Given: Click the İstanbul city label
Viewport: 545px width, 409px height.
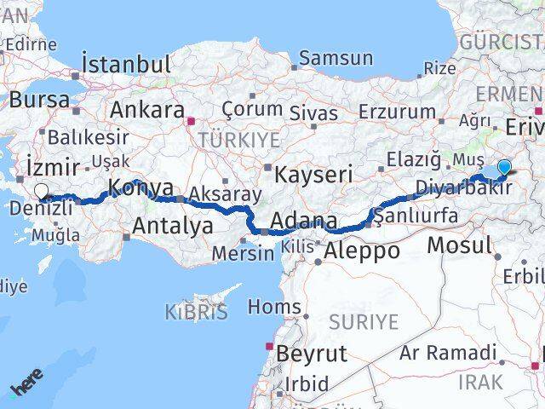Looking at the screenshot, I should point(126,64).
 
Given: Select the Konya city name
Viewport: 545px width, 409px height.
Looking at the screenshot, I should point(141,188).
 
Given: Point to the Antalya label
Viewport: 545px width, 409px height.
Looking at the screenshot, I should point(173,226).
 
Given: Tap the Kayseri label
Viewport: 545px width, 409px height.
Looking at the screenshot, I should point(313,175).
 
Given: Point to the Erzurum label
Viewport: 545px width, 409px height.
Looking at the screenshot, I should point(397,111).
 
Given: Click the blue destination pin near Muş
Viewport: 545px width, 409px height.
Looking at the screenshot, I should point(504,169).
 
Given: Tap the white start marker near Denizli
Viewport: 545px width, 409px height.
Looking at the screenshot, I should point(40,192).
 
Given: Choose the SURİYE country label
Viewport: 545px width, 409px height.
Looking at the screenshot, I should point(364,321).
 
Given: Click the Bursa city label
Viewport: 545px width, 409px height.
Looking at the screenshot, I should point(40,99).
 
